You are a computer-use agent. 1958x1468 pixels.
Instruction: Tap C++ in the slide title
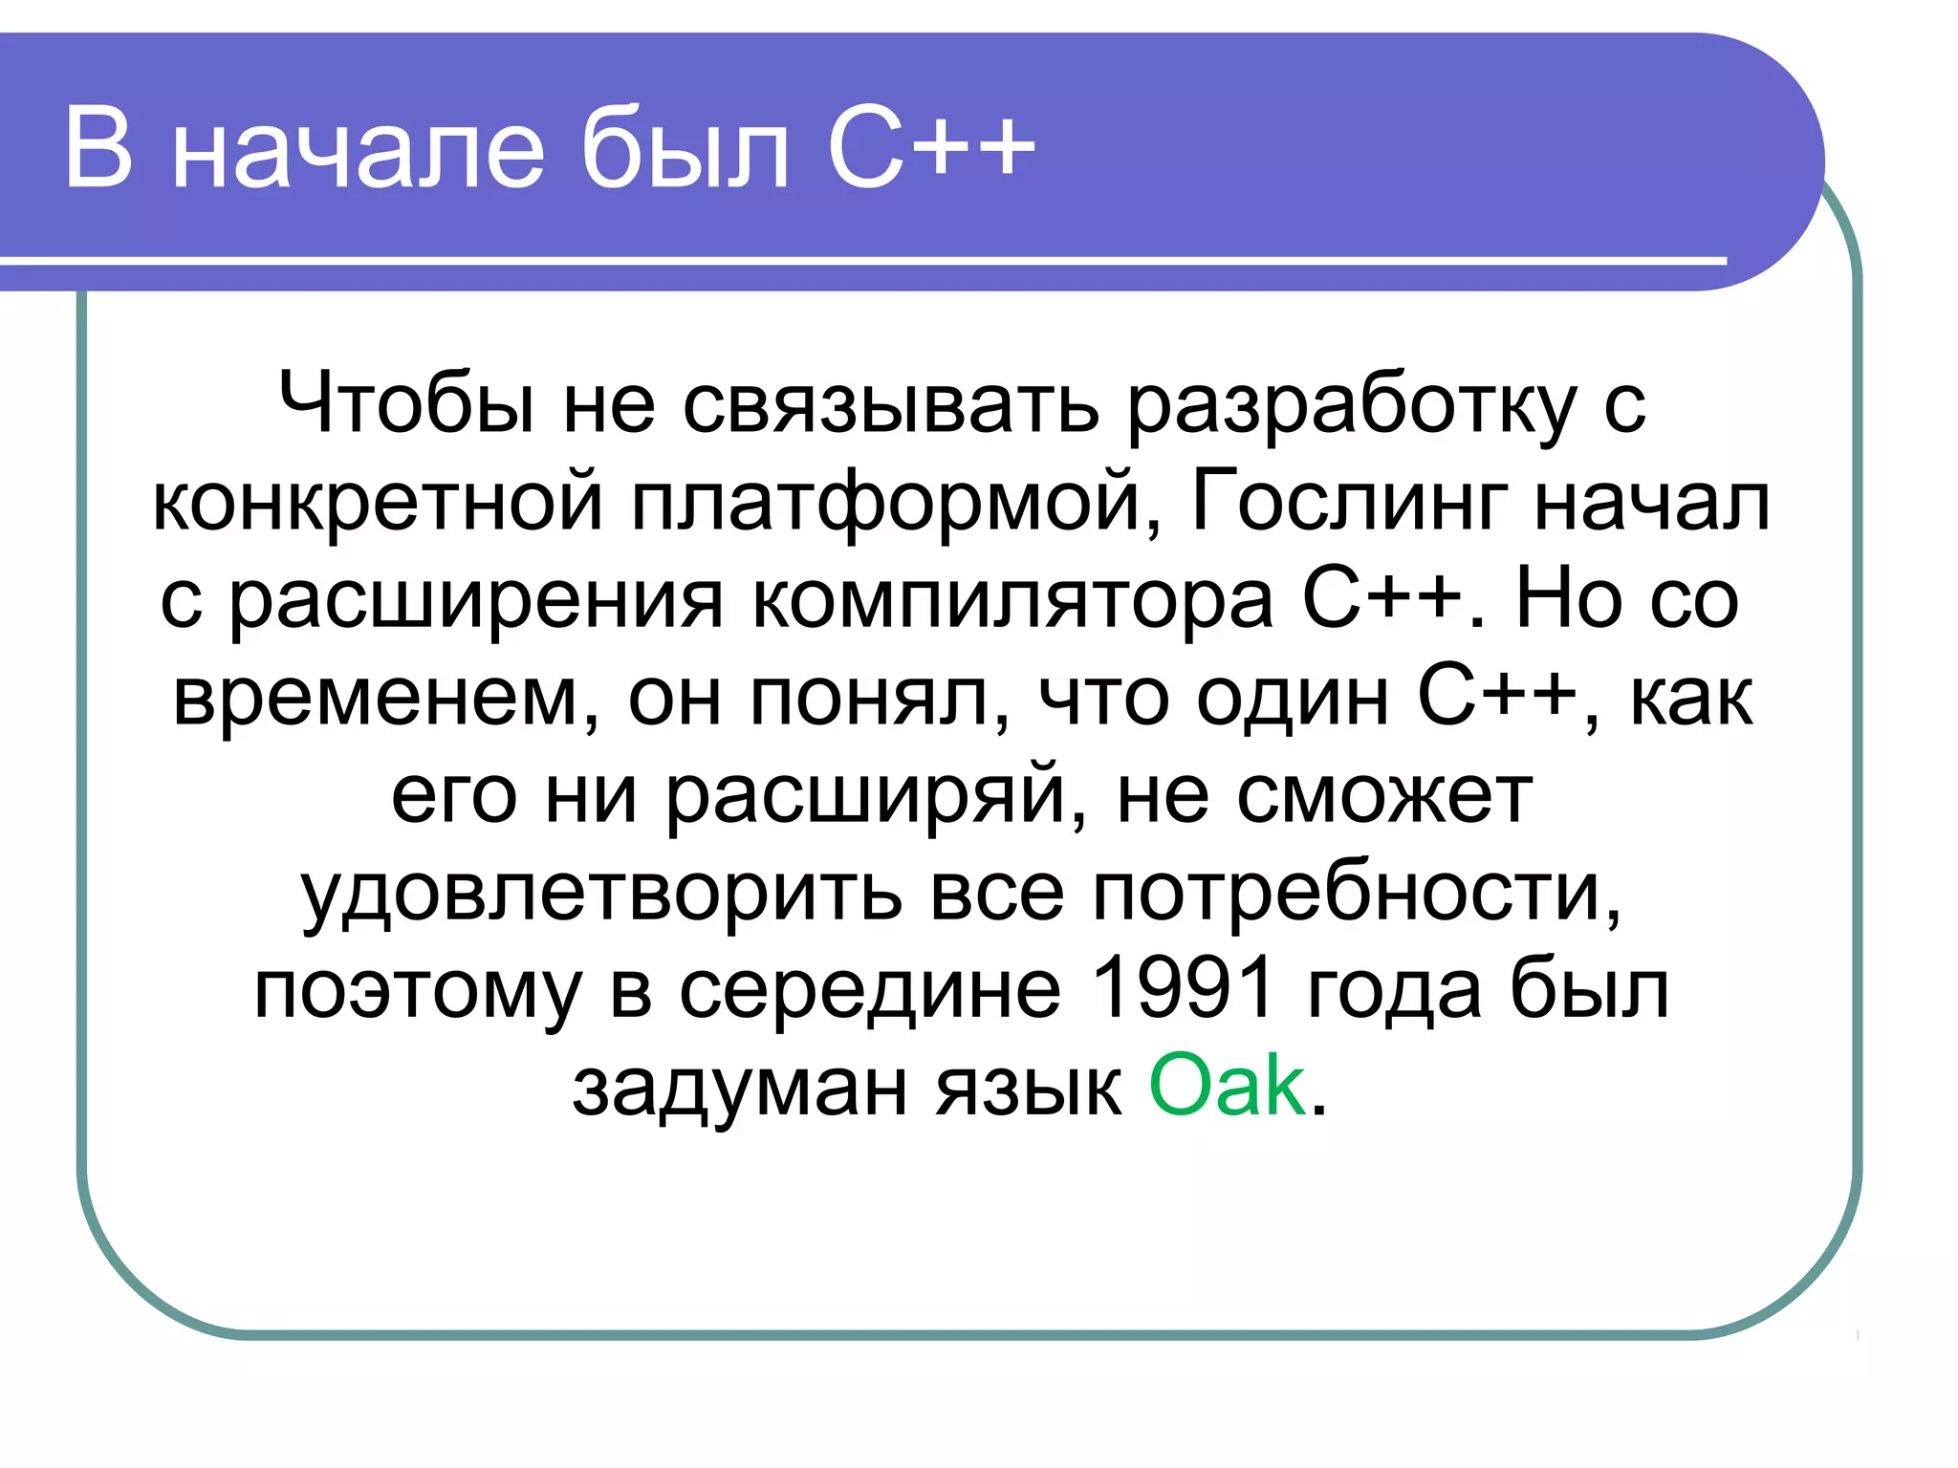tap(931, 148)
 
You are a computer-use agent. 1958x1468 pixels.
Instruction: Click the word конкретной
tap(379, 502)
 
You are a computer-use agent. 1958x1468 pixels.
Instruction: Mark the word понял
tap(880, 698)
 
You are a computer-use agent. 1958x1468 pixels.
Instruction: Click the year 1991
tap(1182, 988)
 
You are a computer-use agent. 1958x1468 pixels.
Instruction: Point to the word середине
tap(870, 990)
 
